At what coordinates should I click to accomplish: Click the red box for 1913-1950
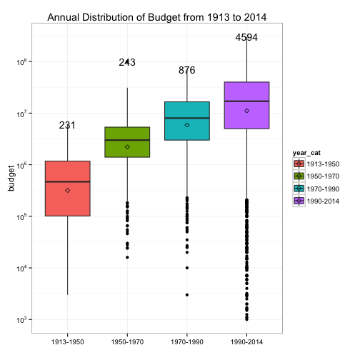click(68, 189)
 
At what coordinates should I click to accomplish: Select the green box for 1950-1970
click(127, 142)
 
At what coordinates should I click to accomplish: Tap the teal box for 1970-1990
click(187, 121)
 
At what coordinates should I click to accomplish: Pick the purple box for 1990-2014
click(246, 105)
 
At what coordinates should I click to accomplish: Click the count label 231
click(67, 125)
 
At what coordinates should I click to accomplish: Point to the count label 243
click(127, 62)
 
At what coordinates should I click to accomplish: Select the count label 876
click(187, 70)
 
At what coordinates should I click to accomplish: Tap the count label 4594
click(246, 37)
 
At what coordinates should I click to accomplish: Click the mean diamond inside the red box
click(68, 191)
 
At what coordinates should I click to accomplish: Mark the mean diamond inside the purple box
click(247, 111)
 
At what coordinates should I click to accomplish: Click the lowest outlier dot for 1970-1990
click(187, 295)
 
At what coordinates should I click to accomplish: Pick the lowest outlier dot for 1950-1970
click(127, 257)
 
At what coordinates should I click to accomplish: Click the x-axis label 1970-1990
click(187, 342)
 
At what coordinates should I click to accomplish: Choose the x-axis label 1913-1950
click(68, 342)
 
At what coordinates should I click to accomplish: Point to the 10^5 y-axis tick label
click(21, 216)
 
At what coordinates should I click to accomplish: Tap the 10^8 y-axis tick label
click(21, 62)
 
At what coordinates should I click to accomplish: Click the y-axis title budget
click(11, 179)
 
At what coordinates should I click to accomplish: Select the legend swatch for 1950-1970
click(299, 176)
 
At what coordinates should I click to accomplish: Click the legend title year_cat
click(306, 153)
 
